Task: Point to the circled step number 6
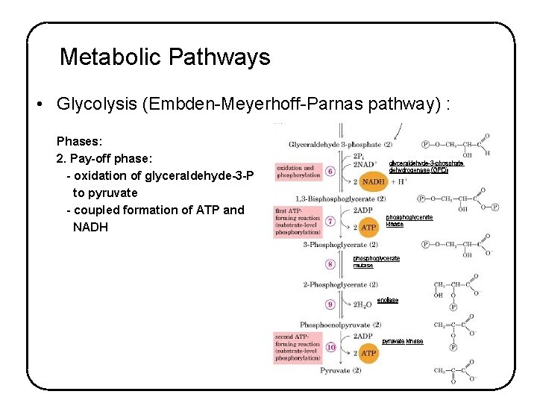(330, 172)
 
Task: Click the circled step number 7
(330, 221)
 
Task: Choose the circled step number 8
(330, 263)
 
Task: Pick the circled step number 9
(330, 304)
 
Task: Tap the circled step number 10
(330, 347)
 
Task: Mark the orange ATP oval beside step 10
(368, 352)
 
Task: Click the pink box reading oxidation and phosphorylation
(298, 172)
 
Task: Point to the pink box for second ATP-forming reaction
(298, 347)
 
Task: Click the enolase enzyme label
(387, 300)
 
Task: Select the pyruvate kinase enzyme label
(402, 341)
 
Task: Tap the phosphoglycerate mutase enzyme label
(376, 261)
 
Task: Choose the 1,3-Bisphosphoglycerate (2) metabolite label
(340, 199)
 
